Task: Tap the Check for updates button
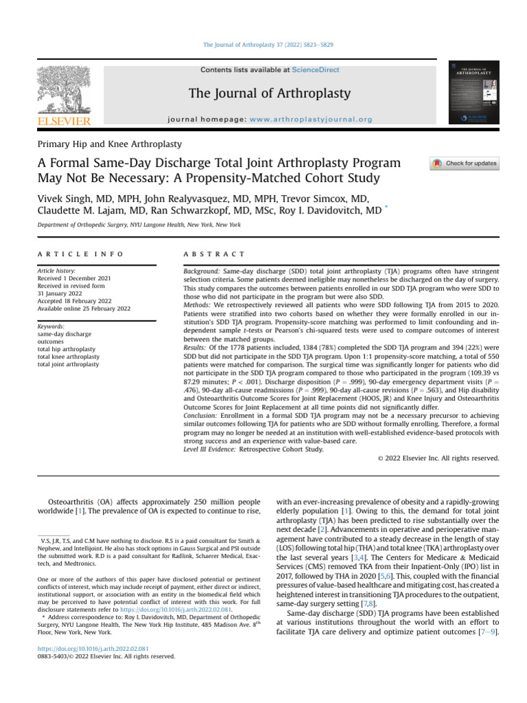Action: pos(465,164)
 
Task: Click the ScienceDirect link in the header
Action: pos(316,70)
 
